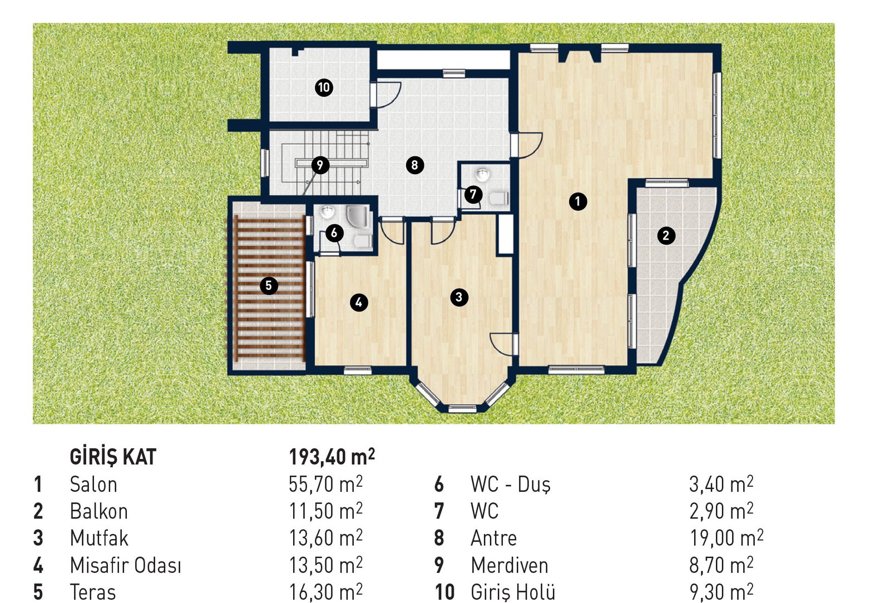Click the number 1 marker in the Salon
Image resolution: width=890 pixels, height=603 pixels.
click(578, 201)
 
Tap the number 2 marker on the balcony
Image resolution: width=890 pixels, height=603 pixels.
click(666, 235)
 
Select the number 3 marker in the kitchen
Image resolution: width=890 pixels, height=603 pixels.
click(459, 297)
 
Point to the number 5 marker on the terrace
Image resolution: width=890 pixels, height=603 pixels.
click(269, 285)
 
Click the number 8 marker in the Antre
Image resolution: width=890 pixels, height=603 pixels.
click(415, 165)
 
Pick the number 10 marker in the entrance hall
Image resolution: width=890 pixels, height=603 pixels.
click(324, 87)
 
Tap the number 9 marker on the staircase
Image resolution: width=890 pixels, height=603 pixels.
click(320, 165)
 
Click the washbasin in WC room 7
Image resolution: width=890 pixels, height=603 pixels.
click(482, 174)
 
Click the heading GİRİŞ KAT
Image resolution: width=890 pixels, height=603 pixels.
click(113, 457)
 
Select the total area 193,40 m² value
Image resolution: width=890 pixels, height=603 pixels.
click(332, 456)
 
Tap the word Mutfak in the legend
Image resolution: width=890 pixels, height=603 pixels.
click(100, 538)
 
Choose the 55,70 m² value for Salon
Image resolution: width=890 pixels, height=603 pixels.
click(326, 484)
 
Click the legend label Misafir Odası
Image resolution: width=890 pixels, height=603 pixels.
click(126, 565)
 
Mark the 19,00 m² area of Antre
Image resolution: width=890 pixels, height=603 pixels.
click(726, 538)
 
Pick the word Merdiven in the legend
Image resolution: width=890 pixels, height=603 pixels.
click(510, 565)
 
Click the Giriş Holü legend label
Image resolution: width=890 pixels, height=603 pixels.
click(513, 592)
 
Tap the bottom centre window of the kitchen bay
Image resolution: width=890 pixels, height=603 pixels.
click(462, 408)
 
